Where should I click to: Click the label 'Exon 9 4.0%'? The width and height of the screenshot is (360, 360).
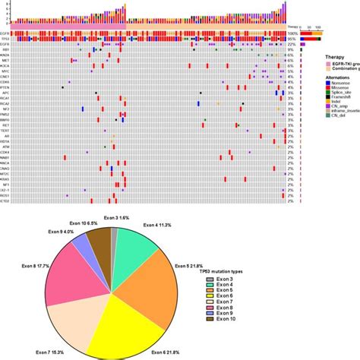point(58,232)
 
